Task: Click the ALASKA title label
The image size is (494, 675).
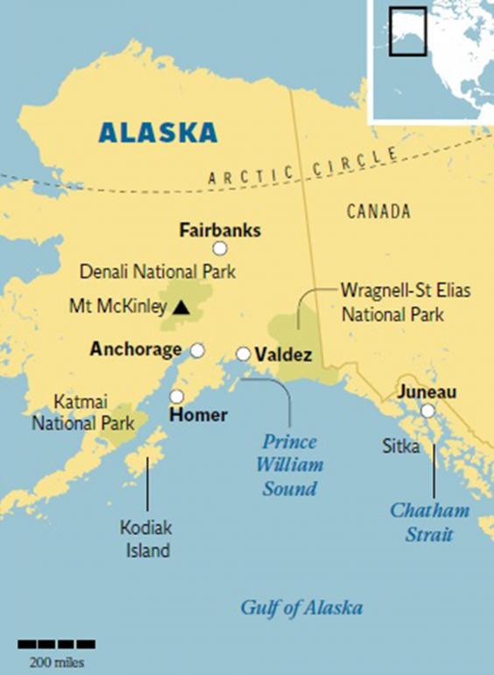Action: coord(158,132)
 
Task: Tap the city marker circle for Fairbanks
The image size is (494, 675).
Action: coord(220,249)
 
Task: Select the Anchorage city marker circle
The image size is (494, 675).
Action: coord(198,350)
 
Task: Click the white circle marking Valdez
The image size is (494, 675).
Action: coord(243,354)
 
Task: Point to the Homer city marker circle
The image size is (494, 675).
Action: coord(177,396)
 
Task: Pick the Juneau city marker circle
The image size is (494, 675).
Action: coord(427,411)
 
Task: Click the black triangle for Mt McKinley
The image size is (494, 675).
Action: coord(180,307)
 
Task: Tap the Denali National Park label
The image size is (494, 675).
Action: coord(158,272)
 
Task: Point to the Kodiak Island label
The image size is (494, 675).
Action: coord(145,539)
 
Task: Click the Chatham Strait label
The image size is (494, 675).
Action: coord(429,522)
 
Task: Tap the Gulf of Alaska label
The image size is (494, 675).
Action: coord(301,608)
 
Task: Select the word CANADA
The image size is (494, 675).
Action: coord(378,211)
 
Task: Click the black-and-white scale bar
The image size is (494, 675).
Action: coord(57,644)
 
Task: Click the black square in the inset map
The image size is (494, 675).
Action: coord(407,32)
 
